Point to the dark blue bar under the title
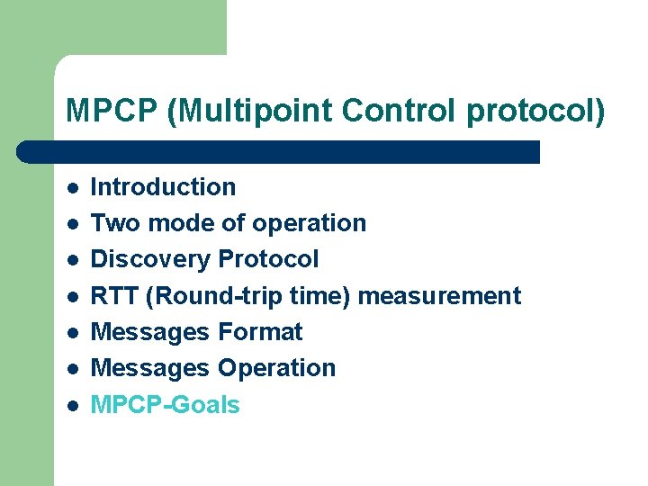point(279,151)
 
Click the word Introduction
point(164,187)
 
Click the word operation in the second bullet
point(310,223)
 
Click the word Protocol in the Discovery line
point(268,259)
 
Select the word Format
point(261,332)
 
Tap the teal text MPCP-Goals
point(166,405)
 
